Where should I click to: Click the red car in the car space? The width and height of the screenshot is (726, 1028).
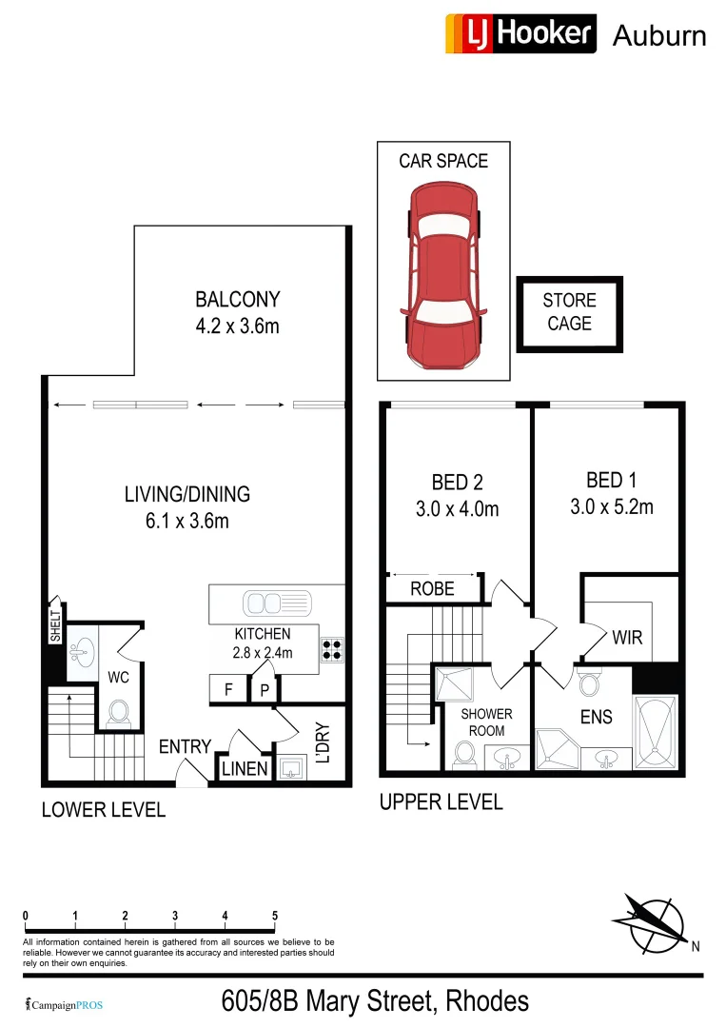(443, 276)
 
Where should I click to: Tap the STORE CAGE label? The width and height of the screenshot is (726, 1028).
(569, 312)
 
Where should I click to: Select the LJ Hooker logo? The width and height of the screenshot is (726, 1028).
(520, 33)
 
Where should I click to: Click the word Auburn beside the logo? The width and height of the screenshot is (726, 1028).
(659, 36)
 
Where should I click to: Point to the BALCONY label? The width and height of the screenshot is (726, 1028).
(237, 300)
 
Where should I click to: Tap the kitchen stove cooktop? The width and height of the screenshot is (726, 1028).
(332, 649)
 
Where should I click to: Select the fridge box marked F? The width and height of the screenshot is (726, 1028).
(228, 689)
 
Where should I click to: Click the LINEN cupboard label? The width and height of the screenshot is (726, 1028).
(245, 768)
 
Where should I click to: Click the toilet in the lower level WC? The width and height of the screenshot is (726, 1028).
(119, 712)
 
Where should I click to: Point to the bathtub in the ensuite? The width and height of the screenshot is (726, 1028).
(657, 732)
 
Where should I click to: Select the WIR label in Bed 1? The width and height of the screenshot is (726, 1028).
(627, 637)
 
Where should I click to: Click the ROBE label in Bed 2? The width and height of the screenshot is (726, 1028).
(432, 589)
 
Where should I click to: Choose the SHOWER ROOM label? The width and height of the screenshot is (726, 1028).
(486, 722)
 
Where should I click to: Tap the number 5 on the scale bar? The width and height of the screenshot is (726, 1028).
(275, 917)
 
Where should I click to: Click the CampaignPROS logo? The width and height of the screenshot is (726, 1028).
(64, 1004)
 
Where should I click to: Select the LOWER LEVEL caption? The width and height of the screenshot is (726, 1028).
(103, 810)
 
